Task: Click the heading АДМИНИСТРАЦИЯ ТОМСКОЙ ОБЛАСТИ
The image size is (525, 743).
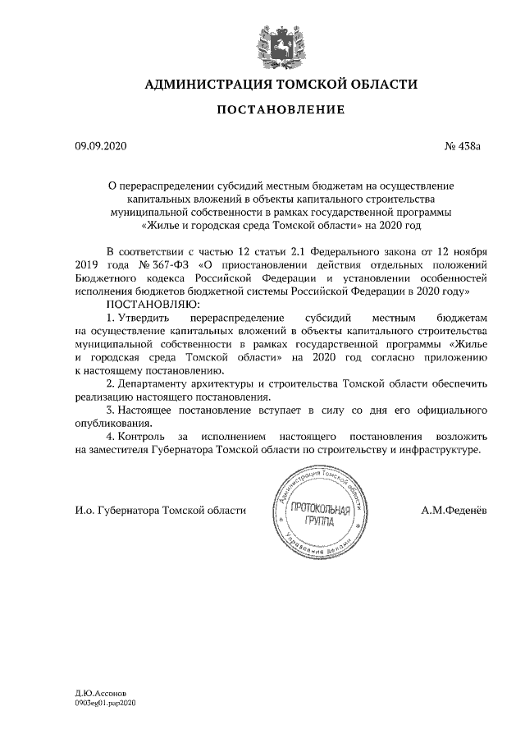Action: click(281, 85)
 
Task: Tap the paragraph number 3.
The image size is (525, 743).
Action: click(111, 409)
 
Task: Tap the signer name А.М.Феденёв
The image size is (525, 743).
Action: click(454, 510)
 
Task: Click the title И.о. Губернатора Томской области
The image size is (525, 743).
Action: click(160, 510)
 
